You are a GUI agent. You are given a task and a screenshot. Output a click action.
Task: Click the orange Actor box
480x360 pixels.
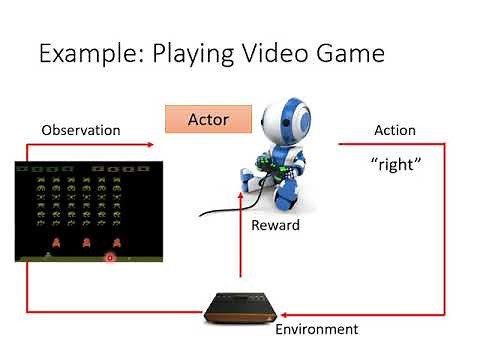point(208,120)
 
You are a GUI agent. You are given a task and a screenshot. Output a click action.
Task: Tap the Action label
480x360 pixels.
point(394,130)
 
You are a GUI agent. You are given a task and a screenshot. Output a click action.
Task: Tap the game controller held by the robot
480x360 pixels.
point(271,166)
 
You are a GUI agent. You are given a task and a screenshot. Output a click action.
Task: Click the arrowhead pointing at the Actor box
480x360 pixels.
point(151,145)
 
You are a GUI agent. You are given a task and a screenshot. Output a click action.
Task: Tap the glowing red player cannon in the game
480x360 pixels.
point(110,257)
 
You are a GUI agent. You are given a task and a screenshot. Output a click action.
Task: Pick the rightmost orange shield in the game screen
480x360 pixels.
point(117,242)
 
